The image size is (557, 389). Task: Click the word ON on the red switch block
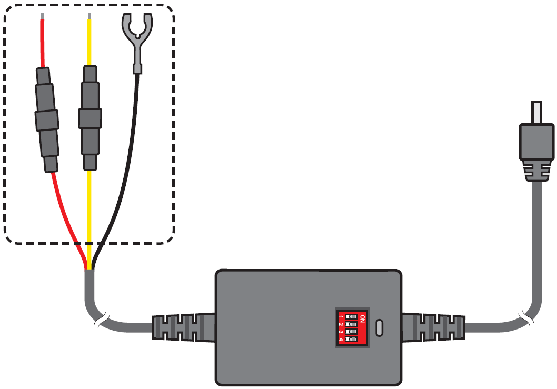tap(362, 318)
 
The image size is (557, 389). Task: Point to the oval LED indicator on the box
tap(380, 327)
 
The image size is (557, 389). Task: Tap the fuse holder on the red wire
tap(46, 120)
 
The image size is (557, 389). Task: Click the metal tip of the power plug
tap(536, 112)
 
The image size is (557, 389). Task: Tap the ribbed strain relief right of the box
tap(433, 327)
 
